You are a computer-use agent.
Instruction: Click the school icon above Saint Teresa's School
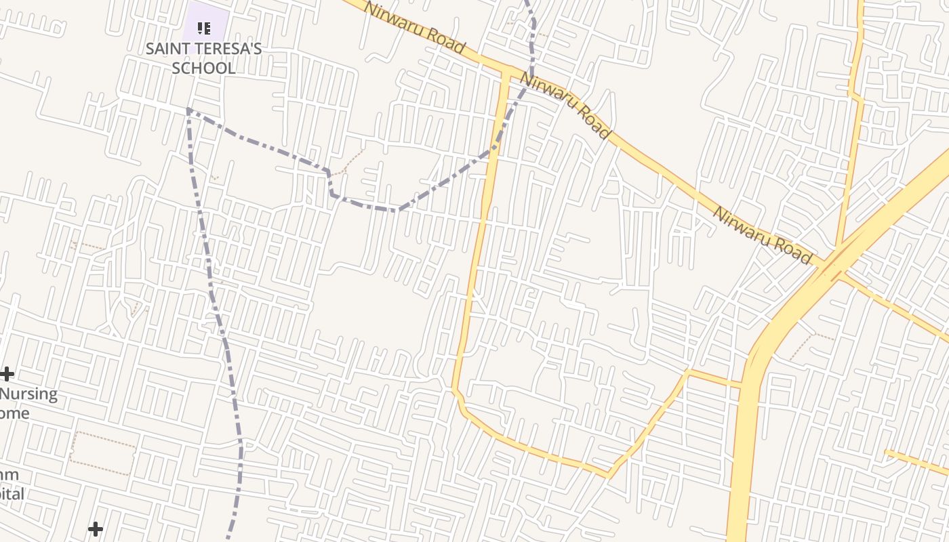[x=204, y=28]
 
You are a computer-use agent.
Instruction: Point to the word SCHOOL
[x=203, y=68]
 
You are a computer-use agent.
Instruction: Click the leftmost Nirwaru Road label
[x=415, y=27]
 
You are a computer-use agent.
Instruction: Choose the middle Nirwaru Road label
[x=565, y=106]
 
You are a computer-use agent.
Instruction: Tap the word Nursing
[x=28, y=394]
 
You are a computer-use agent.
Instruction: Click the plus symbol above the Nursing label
[x=7, y=373]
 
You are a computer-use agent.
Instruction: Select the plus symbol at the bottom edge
[x=96, y=528]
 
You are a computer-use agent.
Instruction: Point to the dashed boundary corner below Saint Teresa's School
[x=188, y=108]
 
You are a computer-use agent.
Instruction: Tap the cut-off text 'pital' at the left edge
[x=12, y=494]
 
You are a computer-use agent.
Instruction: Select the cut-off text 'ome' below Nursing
[x=14, y=413]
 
